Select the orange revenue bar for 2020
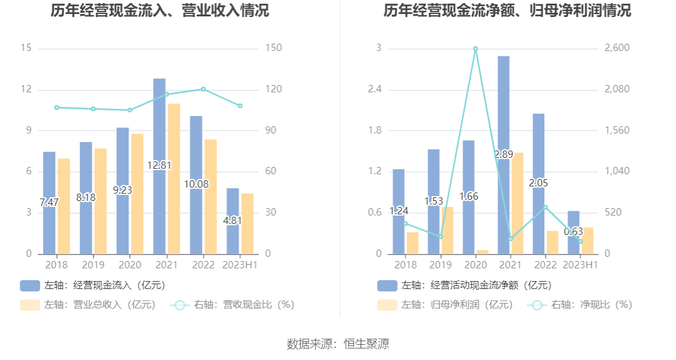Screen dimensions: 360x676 point(137,194)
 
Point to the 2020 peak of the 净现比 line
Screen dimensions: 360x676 point(475,49)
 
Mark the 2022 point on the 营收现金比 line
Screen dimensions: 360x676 point(203,89)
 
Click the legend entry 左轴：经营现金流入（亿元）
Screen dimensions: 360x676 point(92,285)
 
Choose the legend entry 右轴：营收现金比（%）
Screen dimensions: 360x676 point(232,305)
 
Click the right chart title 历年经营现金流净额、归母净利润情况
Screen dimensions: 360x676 point(507,11)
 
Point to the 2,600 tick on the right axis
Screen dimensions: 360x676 point(617,48)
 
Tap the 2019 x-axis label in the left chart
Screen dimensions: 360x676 point(93,265)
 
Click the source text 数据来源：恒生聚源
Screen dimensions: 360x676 point(338,344)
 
